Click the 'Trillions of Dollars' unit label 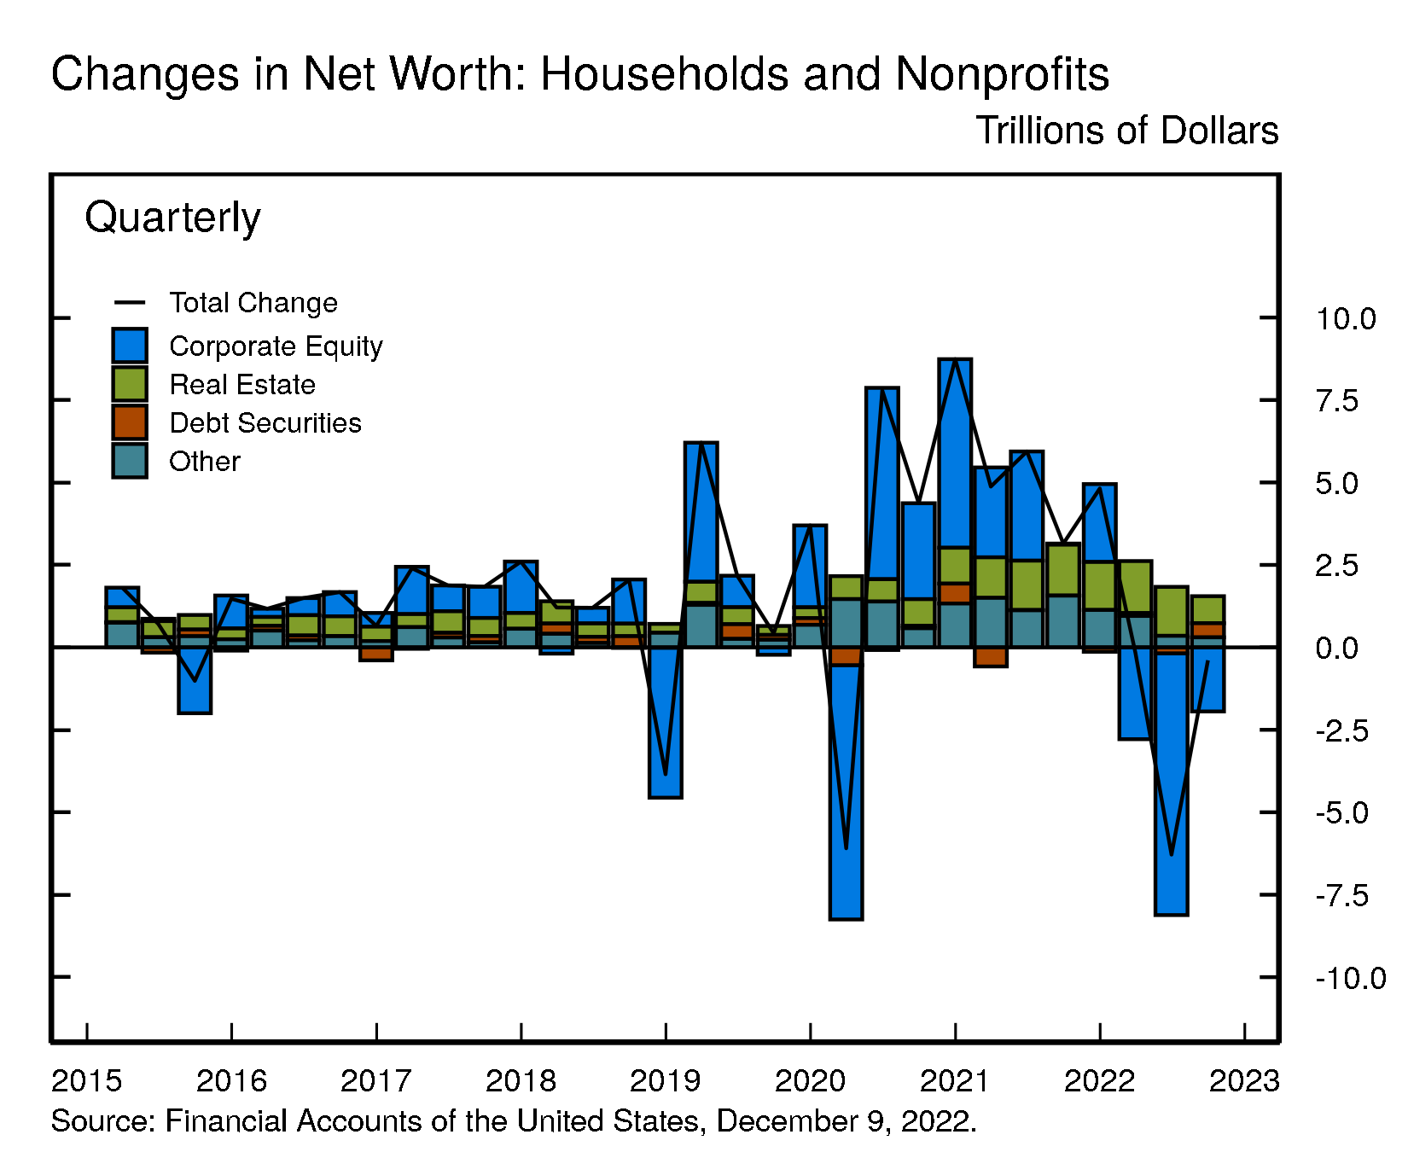point(1126,131)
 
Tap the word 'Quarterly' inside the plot point(172,218)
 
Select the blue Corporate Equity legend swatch point(130,346)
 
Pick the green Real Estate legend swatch point(130,384)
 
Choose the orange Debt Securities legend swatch point(130,422)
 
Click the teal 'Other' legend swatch point(130,461)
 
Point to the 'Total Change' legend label point(253,303)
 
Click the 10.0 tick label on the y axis point(1346,319)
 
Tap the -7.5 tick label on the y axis point(1341,895)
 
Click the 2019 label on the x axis point(665,1081)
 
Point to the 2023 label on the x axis point(1244,1081)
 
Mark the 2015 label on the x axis point(86,1081)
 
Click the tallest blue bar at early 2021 point(955,452)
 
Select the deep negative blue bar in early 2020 point(846,794)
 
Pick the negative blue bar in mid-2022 point(1171,785)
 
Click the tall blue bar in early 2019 point(701,512)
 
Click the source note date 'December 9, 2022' point(845,1121)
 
